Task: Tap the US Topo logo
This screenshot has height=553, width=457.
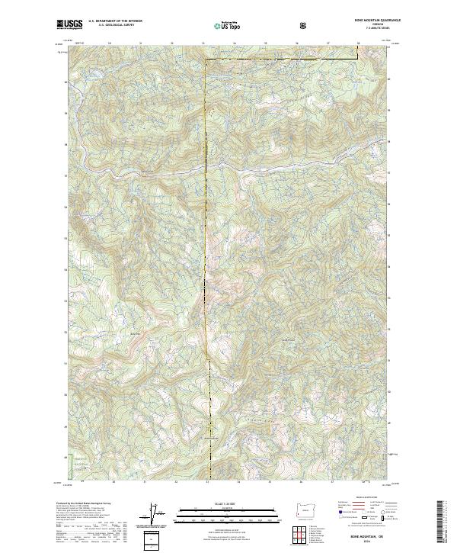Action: [x=228, y=24]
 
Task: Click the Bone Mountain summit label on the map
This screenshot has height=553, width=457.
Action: [x=206, y=438]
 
